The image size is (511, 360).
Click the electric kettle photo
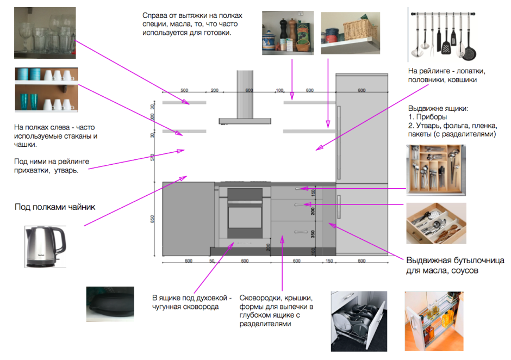[45, 247]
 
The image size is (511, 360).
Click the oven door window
[245, 216]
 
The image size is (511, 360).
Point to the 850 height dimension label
[153, 220]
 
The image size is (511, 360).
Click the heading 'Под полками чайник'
[54, 207]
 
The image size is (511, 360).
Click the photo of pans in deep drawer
[359, 321]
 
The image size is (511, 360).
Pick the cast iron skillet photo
[110, 304]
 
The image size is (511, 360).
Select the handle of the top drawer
[300, 188]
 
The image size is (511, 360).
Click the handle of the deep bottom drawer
[300, 232]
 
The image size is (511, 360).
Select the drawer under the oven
[245, 244]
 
